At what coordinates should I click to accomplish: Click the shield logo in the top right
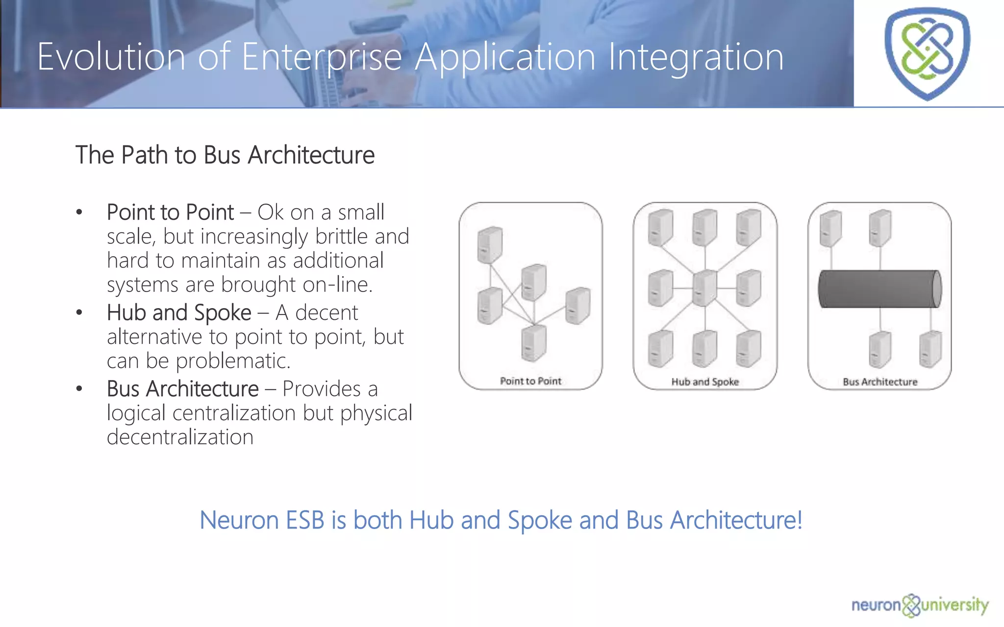tap(927, 53)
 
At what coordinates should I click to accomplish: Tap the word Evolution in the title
tap(111, 57)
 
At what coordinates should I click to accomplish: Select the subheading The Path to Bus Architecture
tap(225, 155)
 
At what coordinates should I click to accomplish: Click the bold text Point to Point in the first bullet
tap(170, 213)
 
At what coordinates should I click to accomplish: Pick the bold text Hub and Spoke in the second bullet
tap(179, 313)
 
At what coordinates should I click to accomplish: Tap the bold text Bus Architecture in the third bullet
tap(182, 389)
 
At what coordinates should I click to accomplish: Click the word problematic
tap(233, 362)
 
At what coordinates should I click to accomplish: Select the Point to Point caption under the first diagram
tap(530, 381)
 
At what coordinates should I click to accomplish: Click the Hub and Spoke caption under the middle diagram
tap(705, 382)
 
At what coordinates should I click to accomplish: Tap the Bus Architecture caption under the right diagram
tap(880, 382)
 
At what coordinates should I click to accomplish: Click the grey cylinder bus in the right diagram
tap(880, 289)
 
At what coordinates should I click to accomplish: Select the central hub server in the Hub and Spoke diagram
tap(704, 288)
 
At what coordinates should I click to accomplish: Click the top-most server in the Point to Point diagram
tap(490, 244)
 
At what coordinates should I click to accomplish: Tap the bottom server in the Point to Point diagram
tap(533, 343)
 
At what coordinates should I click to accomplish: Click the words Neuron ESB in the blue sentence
tap(262, 520)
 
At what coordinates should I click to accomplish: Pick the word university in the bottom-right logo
tap(954, 605)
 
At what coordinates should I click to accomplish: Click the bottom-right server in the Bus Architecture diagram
tap(930, 349)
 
